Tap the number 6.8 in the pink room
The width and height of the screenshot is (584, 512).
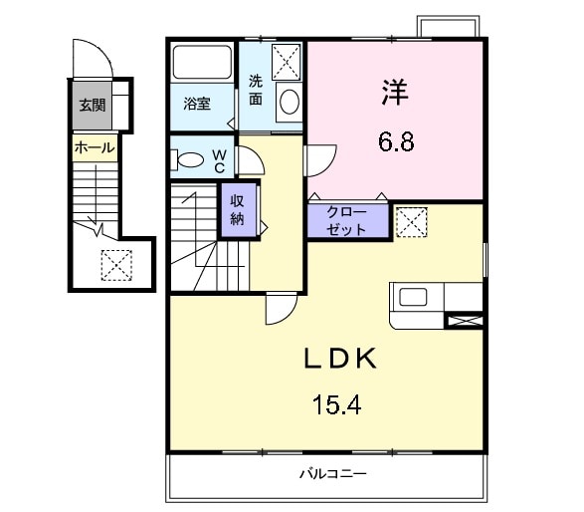pos(395,141)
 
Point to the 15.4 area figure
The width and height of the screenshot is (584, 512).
pos(337,405)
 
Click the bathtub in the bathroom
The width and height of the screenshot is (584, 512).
pos(202,65)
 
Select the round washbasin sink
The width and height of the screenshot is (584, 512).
pos(288,102)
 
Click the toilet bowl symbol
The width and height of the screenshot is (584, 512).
pos(189,160)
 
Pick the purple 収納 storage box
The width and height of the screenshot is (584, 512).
pos(238,208)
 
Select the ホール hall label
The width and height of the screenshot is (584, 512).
pos(95,148)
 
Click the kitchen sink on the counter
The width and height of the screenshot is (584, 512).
pos(412,297)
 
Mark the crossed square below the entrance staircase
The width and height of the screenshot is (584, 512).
pos(116,264)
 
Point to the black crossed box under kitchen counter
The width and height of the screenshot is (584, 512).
pos(466,321)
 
